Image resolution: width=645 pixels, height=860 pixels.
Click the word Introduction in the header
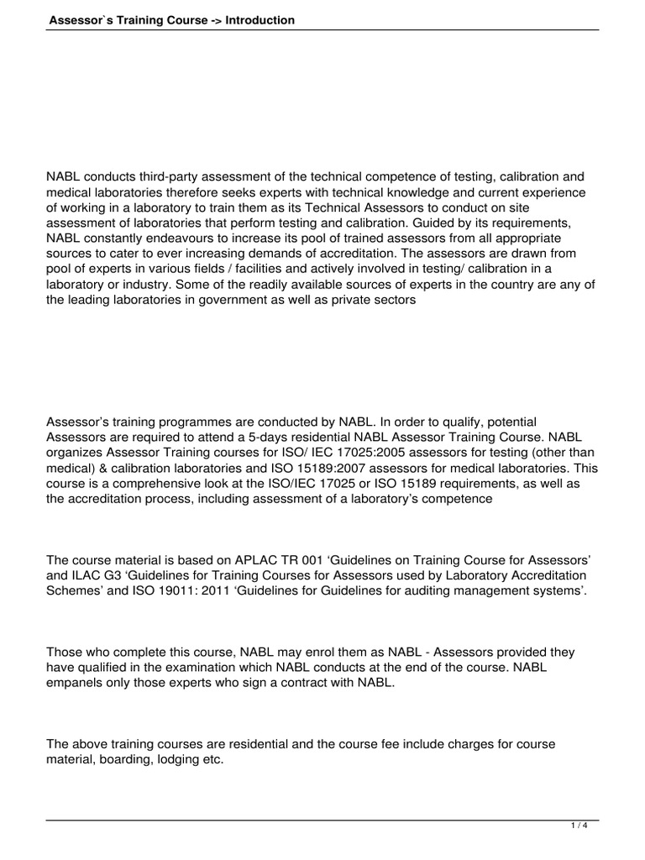tap(260, 20)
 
